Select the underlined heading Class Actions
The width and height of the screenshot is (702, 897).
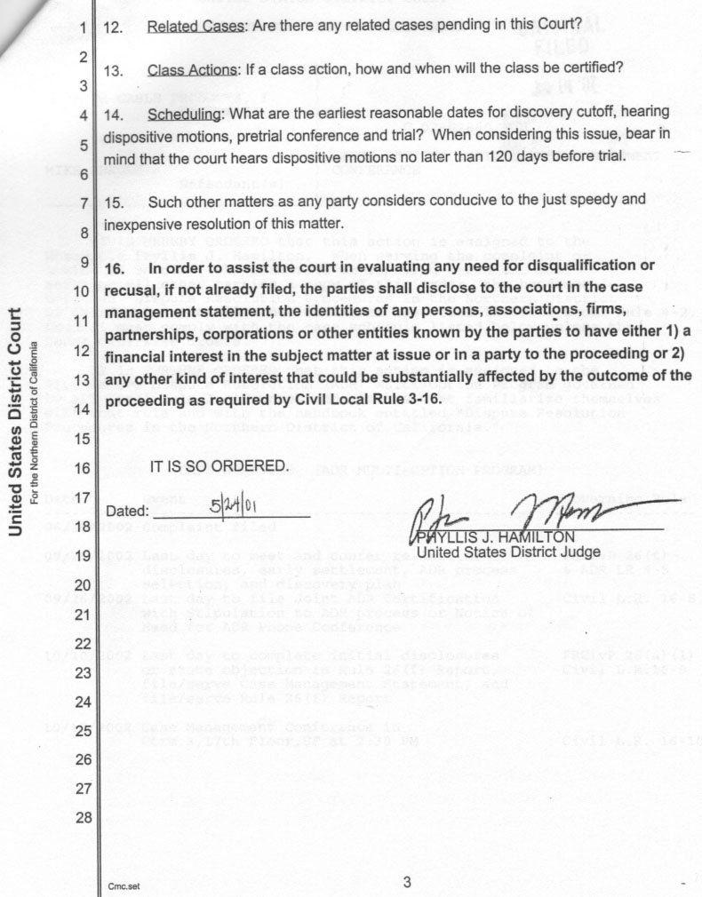click(x=195, y=68)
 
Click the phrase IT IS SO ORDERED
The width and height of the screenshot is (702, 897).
click(x=219, y=466)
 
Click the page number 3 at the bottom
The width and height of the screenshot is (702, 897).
click(x=407, y=882)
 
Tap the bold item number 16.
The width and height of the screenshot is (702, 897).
click(x=118, y=267)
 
